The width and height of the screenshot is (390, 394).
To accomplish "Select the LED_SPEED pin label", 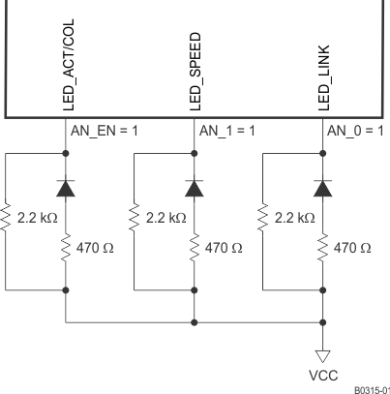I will tap(193, 77).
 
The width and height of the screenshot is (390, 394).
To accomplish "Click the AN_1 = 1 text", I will tap(228, 130).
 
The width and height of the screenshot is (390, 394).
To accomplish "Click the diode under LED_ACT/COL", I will tap(66, 187).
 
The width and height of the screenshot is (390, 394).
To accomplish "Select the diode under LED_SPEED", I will tap(195, 187).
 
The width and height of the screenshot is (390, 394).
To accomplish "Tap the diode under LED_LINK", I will tap(324, 187).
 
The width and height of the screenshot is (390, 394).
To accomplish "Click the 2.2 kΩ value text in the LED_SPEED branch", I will tap(166, 220).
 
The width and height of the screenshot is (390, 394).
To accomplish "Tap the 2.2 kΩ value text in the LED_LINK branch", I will tap(296, 220).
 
